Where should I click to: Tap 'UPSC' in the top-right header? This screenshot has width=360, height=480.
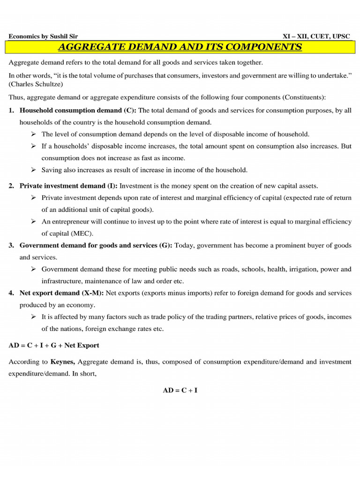(x=340, y=37)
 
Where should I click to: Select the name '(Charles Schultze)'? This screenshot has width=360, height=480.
(x=35, y=85)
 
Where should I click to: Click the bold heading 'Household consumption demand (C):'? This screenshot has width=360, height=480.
(x=78, y=110)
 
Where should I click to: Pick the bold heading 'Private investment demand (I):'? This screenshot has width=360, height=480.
(x=68, y=186)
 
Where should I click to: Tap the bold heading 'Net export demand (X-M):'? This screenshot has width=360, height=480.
(x=62, y=293)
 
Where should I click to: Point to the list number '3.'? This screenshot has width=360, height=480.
(x=11, y=245)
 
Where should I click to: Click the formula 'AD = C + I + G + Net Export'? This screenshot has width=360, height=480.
(x=54, y=345)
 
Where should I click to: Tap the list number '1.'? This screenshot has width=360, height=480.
(x=11, y=110)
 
